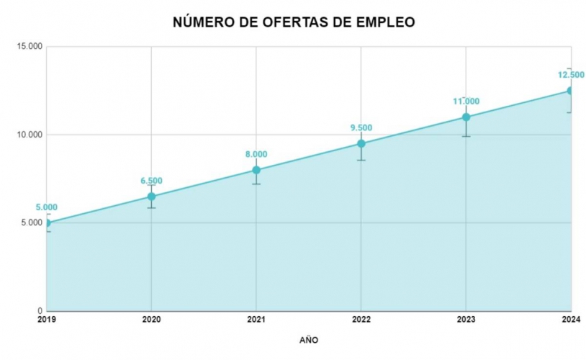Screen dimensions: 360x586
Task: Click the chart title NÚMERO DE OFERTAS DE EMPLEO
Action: coord(294,22)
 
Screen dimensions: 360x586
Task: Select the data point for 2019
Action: coord(47,222)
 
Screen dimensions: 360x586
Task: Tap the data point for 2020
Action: coord(151,197)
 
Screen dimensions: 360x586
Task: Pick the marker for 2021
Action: coord(256,170)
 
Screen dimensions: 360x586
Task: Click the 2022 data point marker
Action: coord(361,143)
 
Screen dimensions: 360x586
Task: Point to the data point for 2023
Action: coord(466,117)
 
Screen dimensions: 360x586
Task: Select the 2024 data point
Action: coord(570,91)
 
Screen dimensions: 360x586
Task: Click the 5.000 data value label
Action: coord(47,207)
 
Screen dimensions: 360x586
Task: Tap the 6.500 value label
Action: coord(151,181)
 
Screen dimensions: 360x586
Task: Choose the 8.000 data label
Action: coord(256,154)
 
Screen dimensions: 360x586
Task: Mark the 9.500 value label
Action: coord(361,127)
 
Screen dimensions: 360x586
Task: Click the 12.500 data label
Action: coord(571,74)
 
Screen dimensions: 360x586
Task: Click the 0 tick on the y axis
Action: coord(40,311)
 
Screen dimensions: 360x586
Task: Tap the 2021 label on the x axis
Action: coord(256,319)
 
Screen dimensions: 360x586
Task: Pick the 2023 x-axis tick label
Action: coord(466,319)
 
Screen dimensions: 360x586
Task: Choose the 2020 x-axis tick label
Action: coord(151,319)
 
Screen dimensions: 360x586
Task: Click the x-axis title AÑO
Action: coord(308,339)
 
